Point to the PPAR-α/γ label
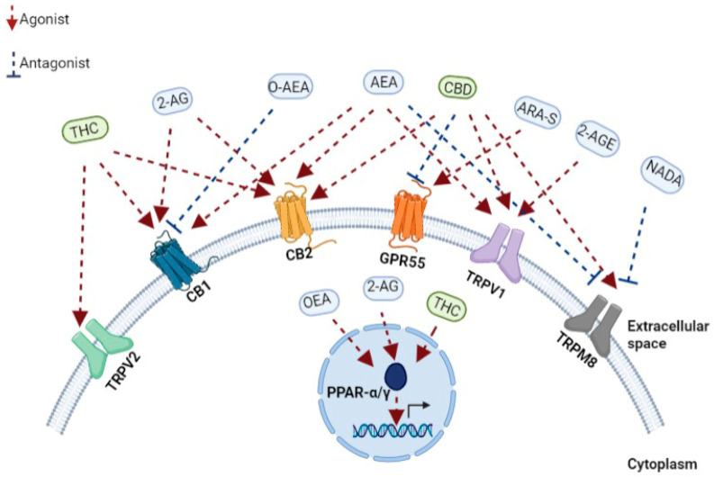pos(343,391)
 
